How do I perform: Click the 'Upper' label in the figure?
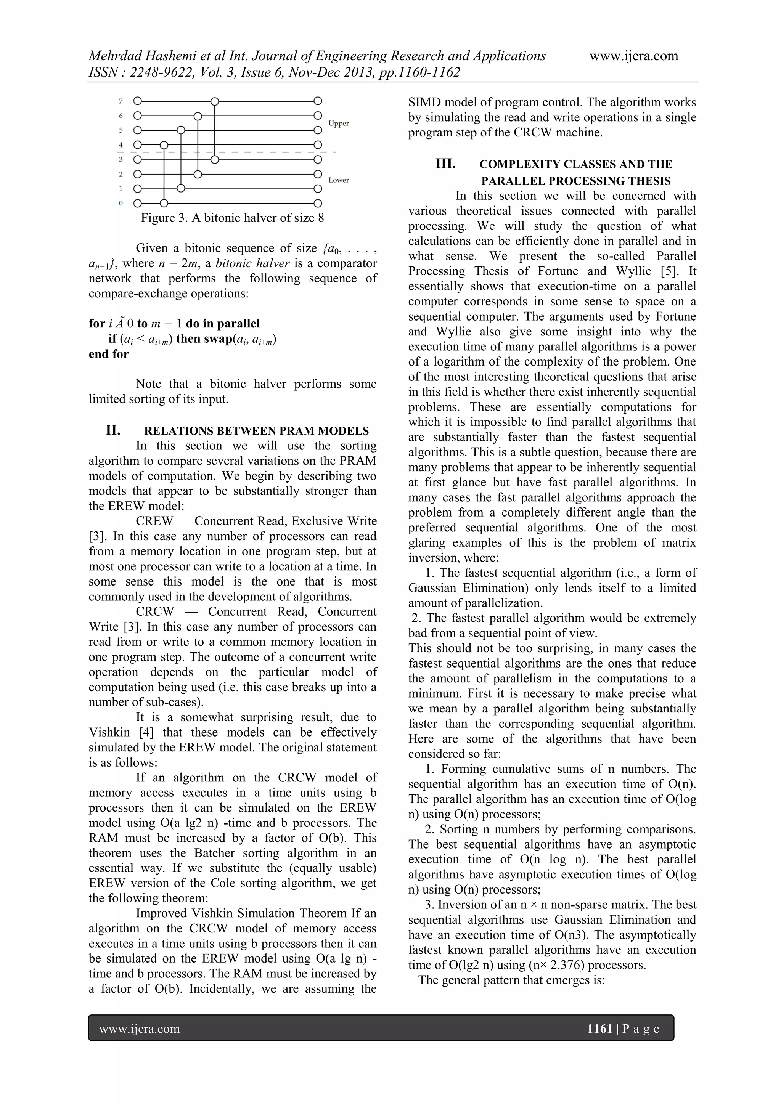pyautogui.click(x=339, y=124)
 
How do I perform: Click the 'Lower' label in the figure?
pyautogui.click(x=339, y=180)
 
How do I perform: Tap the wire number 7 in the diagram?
pyautogui.click(x=121, y=101)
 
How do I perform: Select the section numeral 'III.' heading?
pyautogui.click(x=445, y=164)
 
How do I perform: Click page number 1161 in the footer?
pyautogui.click(x=599, y=1029)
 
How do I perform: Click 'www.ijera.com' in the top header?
pyautogui.click(x=633, y=56)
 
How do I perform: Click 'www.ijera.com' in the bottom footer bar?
pyautogui.click(x=140, y=1029)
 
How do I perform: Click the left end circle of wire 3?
pyautogui.click(x=138, y=159)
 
